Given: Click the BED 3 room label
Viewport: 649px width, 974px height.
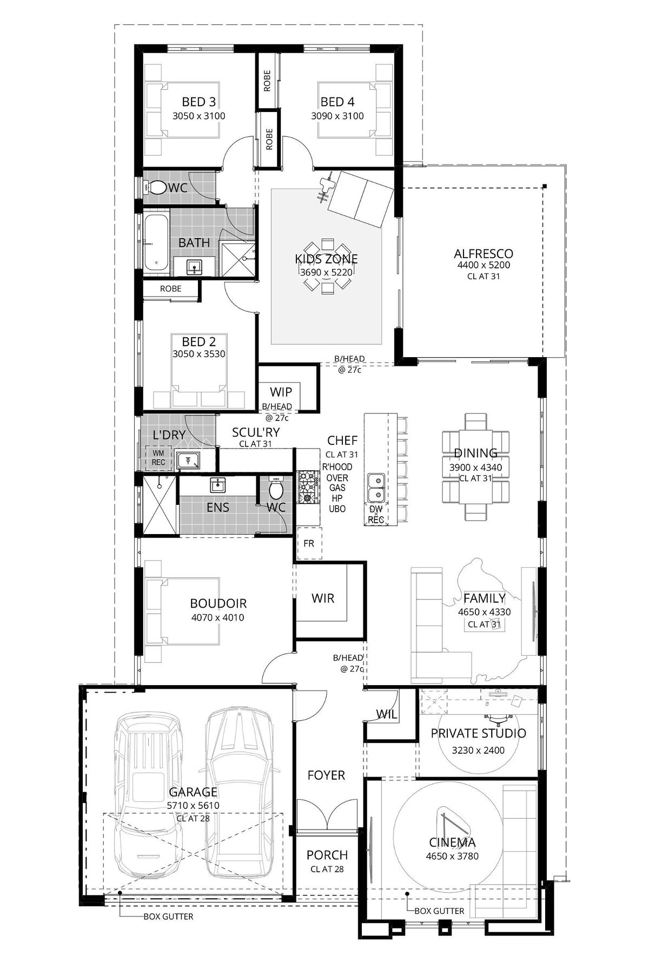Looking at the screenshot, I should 198,102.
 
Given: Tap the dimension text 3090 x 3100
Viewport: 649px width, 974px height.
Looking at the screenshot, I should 337,116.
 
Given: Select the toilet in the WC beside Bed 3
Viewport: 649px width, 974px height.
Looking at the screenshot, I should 156,187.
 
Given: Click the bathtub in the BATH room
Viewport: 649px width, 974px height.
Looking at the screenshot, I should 156,242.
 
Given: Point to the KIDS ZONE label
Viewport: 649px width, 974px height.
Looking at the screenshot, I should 326,259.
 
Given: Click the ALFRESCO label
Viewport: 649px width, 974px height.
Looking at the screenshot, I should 483,253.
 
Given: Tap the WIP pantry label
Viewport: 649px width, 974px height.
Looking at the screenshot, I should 281,392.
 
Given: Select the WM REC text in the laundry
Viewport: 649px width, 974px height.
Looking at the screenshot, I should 158,458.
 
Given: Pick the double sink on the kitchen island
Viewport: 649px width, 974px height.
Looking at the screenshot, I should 375,488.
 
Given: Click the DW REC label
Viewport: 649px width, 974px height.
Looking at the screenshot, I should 376,515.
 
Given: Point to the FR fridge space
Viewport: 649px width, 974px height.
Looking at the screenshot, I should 309,543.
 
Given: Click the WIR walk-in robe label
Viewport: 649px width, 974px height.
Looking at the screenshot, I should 322,598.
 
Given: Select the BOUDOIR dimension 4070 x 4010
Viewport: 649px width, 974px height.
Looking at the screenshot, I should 218,617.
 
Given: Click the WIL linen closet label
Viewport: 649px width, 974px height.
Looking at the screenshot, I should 387,715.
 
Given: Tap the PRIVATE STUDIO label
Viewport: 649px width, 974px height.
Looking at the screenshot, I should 478,733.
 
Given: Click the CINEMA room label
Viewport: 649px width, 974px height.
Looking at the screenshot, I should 452,842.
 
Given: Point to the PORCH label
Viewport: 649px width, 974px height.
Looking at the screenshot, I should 327,855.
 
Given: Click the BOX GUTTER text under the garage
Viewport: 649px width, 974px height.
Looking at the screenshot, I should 168,917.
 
